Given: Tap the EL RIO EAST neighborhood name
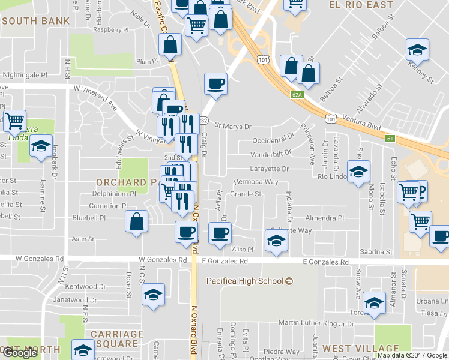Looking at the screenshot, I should pos(361,5).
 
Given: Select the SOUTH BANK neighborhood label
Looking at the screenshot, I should pos(35,20).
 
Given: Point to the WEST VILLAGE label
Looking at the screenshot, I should pos(360,349).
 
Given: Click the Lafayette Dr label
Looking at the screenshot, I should pos(269,169).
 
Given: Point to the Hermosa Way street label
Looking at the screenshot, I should pos(255,182).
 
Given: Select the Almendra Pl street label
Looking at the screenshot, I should pos(324,218).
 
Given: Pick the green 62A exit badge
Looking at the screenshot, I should pos(298,95).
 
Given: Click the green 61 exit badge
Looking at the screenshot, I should pos(390,139).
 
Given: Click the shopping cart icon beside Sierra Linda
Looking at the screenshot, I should pos(14,120).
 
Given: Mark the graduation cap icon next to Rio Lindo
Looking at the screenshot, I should pos(358,172).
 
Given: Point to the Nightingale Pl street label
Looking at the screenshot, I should pos(25,75).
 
